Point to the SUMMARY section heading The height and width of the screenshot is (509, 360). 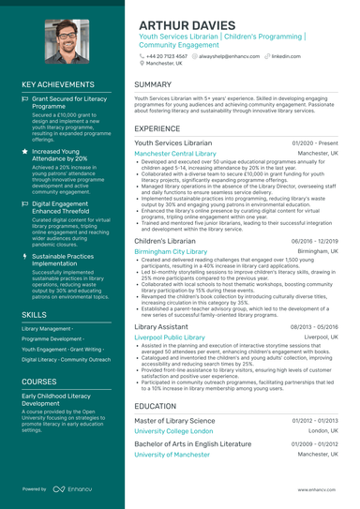click(x=153, y=84)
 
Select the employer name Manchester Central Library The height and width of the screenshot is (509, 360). click(x=175, y=153)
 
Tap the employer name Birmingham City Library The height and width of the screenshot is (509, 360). click(x=172, y=252)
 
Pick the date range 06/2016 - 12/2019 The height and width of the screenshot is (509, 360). click(x=311, y=242)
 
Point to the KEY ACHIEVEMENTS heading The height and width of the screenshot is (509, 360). click(x=58, y=84)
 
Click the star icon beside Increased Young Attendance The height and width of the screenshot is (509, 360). click(x=25, y=150)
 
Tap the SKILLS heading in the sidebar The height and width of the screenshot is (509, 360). click(x=35, y=314)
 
